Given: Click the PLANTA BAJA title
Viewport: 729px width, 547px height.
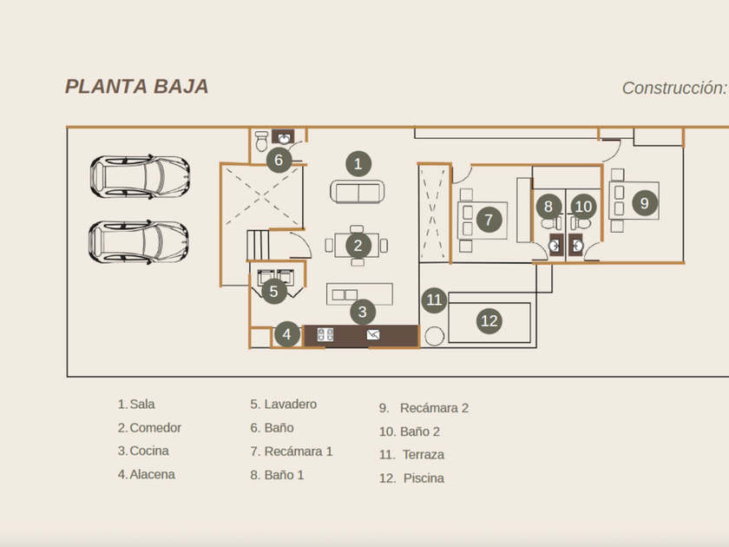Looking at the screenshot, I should click(x=136, y=87).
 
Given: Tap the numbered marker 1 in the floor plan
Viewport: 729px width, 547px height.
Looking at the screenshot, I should click(x=357, y=163).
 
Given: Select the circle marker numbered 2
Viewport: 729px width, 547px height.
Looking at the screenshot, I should click(x=358, y=246).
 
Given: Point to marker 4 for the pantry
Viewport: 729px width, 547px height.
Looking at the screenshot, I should click(x=287, y=334).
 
